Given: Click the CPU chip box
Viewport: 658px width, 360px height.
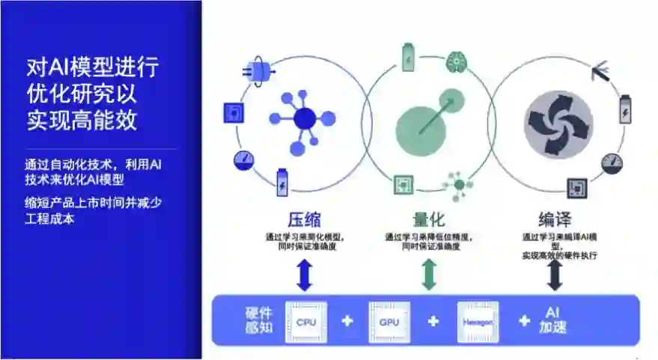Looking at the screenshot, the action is click(306, 322).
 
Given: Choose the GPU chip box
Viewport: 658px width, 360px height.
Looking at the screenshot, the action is click(389, 322).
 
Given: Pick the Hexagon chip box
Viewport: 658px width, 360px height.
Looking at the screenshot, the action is click(478, 322).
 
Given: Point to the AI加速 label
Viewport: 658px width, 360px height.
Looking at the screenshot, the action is click(552, 320).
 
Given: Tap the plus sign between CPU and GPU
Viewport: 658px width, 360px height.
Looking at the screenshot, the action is click(347, 322).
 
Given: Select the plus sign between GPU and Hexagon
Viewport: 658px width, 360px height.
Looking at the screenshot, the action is click(433, 322).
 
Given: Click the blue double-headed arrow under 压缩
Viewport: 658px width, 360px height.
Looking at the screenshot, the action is click(304, 274).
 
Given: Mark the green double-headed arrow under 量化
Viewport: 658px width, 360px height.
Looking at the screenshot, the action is click(429, 274).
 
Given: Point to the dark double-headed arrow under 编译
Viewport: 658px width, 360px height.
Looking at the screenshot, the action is click(555, 274).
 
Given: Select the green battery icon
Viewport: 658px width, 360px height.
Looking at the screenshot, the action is click(409, 57).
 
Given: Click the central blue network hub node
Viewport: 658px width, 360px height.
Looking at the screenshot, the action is click(305, 119).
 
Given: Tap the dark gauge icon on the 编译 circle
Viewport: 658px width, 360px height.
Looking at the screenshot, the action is click(612, 162).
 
